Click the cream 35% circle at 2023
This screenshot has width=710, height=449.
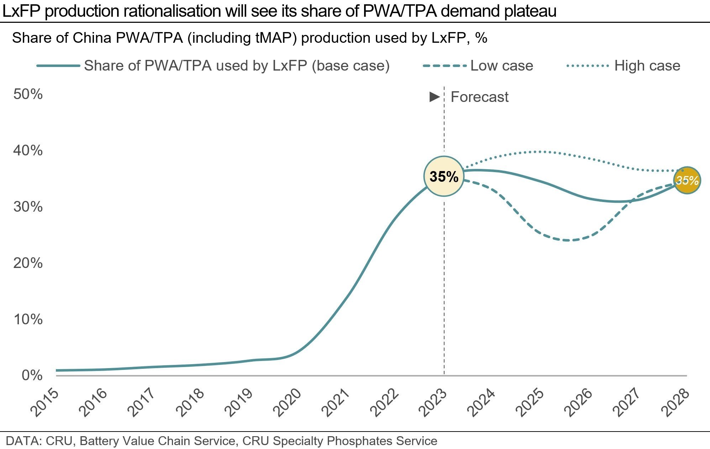(x=444, y=176)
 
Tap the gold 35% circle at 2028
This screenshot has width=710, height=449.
(x=687, y=180)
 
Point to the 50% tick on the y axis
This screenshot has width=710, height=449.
(x=28, y=94)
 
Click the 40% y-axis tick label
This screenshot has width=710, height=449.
(x=28, y=150)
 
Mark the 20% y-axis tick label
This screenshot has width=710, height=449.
(x=28, y=263)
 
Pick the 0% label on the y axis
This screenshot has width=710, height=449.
(x=32, y=376)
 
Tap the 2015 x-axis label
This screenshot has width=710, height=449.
(x=45, y=403)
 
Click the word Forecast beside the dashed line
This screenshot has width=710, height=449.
(x=479, y=97)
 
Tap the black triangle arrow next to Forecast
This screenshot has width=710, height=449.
(x=435, y=97)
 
